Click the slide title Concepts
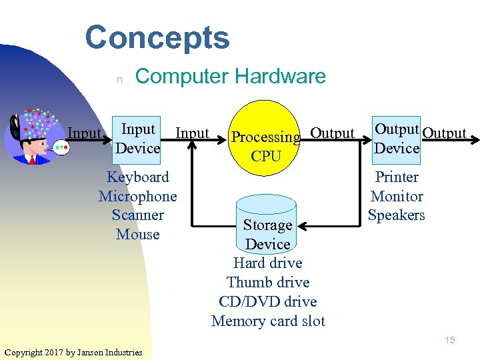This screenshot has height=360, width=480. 157,37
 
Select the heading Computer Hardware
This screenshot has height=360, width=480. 230,76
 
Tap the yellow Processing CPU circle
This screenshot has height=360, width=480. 265,138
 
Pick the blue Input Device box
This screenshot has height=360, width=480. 137,138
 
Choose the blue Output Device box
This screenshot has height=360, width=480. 396,138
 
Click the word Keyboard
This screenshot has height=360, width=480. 138,177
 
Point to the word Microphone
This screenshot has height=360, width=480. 138,197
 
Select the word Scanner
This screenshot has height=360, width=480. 138,215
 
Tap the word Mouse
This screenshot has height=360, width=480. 138,235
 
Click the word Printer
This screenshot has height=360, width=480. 397,177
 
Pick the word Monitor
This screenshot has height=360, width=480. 397,197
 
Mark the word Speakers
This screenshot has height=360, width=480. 397,215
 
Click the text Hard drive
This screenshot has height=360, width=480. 268,263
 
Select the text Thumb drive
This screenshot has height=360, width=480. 268,283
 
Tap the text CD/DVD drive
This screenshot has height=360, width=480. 268,301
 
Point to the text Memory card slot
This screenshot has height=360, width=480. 268,321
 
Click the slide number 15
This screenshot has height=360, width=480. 450,341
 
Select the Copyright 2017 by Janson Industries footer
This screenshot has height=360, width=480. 73,352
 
